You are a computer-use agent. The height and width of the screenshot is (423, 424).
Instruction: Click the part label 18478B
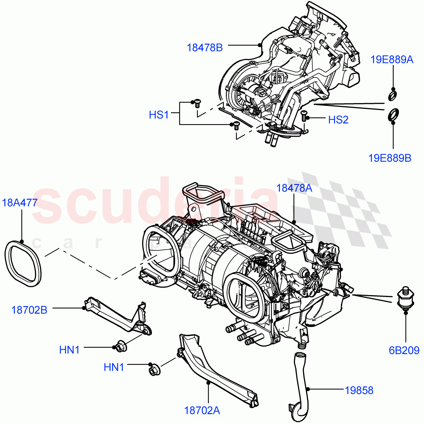coord(205,48)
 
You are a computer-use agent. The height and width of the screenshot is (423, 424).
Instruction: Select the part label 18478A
coord(294,188)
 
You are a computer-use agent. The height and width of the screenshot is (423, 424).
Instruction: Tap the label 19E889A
coord(392,60)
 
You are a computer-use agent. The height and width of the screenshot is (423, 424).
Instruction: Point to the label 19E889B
coord(390,158)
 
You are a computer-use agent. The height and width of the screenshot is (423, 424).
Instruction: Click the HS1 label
coord(159,115)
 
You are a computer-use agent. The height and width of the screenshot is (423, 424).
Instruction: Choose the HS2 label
coord(338,120)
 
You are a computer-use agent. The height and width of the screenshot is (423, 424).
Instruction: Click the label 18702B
coord(29,310)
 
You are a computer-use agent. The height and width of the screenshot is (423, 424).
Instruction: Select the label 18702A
coord(202,410)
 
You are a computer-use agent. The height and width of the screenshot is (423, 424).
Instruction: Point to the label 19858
coord(359,390)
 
